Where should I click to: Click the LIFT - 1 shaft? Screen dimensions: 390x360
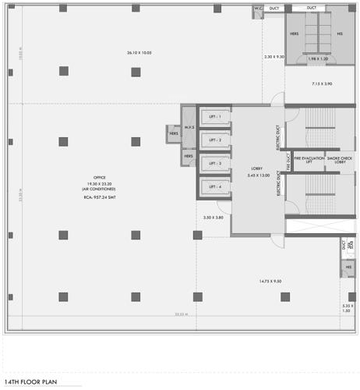(214, 117)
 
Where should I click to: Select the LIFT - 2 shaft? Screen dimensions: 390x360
(214, 140)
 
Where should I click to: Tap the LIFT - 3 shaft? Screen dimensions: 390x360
(214, 164)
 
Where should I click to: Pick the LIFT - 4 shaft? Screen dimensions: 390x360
(214, 187)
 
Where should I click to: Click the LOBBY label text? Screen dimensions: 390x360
(256, 168)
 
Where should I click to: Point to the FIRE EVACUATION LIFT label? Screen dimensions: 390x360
(309, 161)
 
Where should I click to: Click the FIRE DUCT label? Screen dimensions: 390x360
(288, 161)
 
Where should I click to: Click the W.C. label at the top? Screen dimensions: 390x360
(258, 9)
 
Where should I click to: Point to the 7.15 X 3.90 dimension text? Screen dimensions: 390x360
(322, 83)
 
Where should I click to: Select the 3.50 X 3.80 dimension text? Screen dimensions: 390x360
(213, 218)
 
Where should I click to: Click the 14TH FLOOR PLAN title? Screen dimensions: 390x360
(33, 382)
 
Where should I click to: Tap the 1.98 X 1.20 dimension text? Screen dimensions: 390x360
(318, 59)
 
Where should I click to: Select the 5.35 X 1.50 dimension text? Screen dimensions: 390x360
(348, 308)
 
